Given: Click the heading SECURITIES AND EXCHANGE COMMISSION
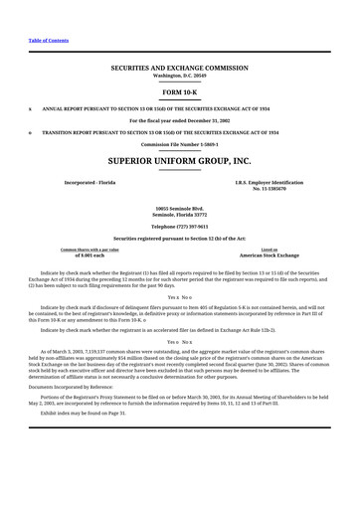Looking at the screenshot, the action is pyautogui.click(x=179, y=69).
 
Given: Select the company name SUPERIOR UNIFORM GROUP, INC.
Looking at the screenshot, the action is pyautogui.click(x=179, y=159).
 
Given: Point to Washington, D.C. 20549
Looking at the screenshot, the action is pyautogui.click(x=179, y=76).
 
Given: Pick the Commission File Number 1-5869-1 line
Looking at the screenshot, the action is pyautogui.click(x=179, y=144).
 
